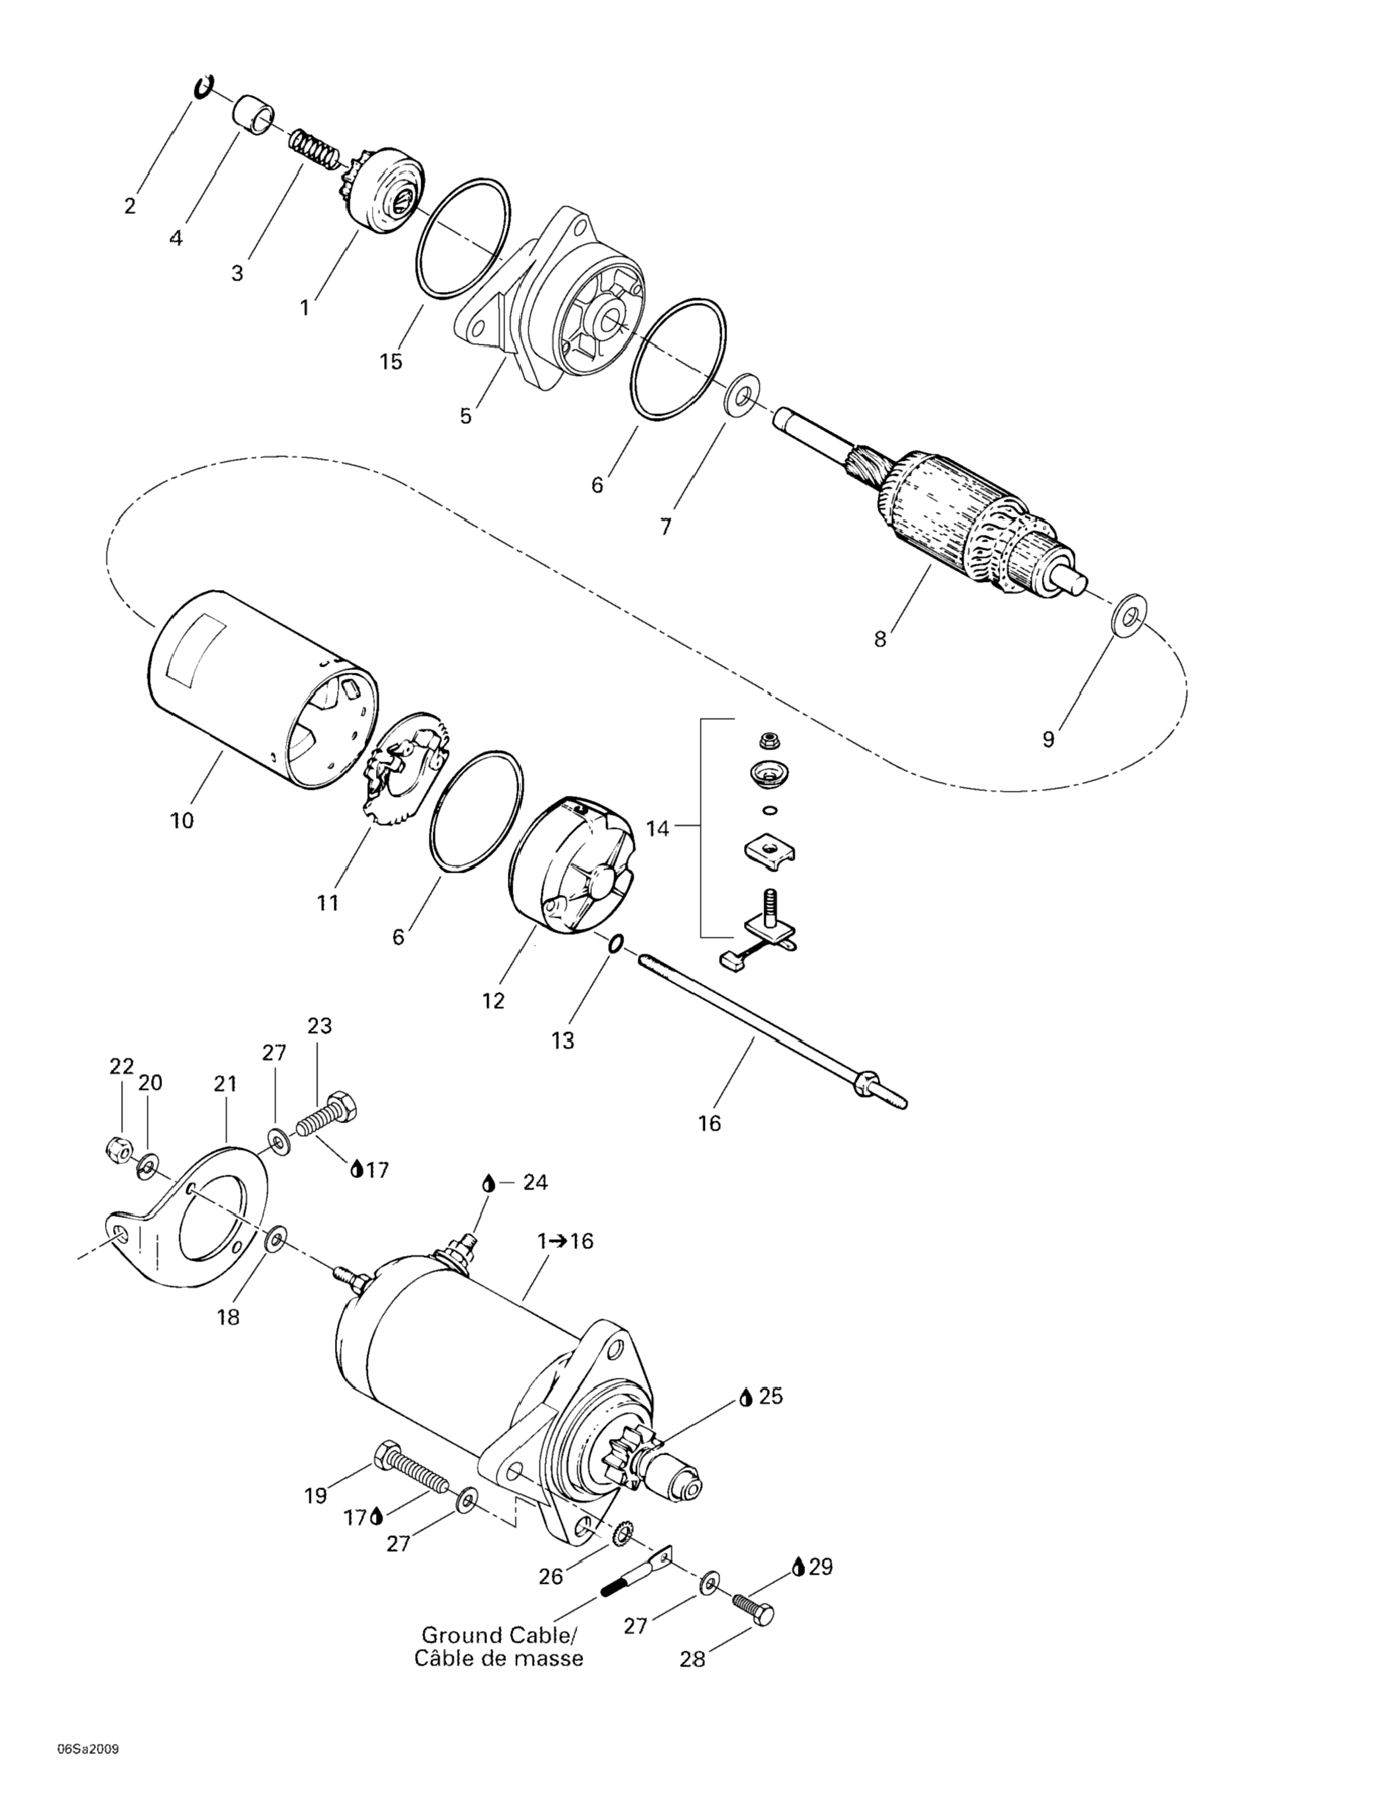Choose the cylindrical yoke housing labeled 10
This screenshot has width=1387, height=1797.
247,691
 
